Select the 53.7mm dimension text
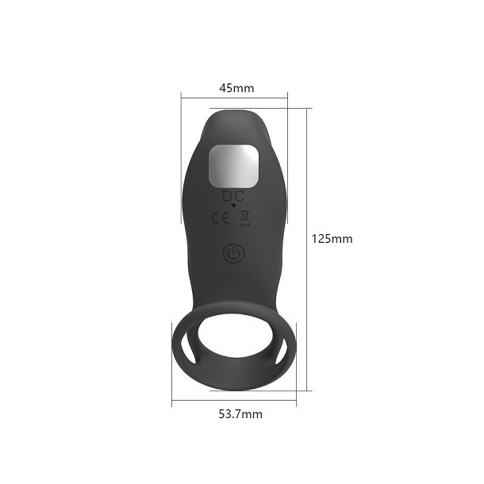pos(240,413)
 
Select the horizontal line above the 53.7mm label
pos(234,401)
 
